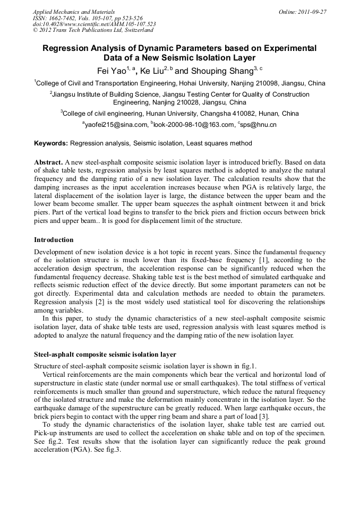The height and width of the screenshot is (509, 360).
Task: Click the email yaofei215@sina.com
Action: [116, 125]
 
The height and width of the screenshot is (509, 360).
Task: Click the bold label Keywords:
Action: [51, 143]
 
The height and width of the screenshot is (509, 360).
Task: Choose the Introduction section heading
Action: [54, 240]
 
